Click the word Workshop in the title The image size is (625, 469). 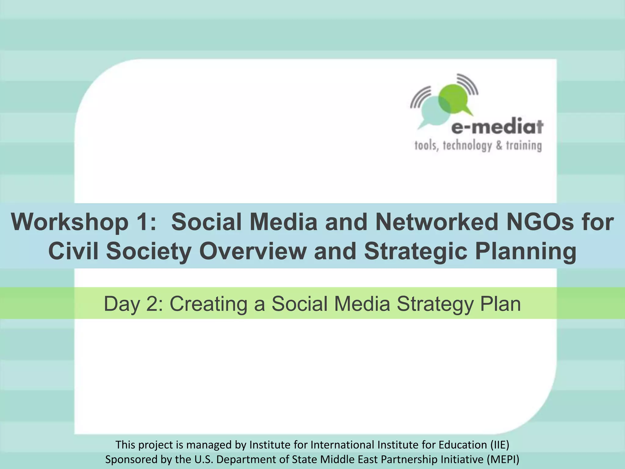click(x=70, y=222)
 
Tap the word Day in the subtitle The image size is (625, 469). click(x=122, y=304)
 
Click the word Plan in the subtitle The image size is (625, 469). click(x=500, y=304)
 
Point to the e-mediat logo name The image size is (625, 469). click(x=497, y=127)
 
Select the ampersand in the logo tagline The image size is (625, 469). click(x=499, y=146)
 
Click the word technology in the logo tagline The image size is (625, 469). click(x=467, y=146)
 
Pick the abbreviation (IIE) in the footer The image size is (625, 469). click(x=500, y=445)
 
